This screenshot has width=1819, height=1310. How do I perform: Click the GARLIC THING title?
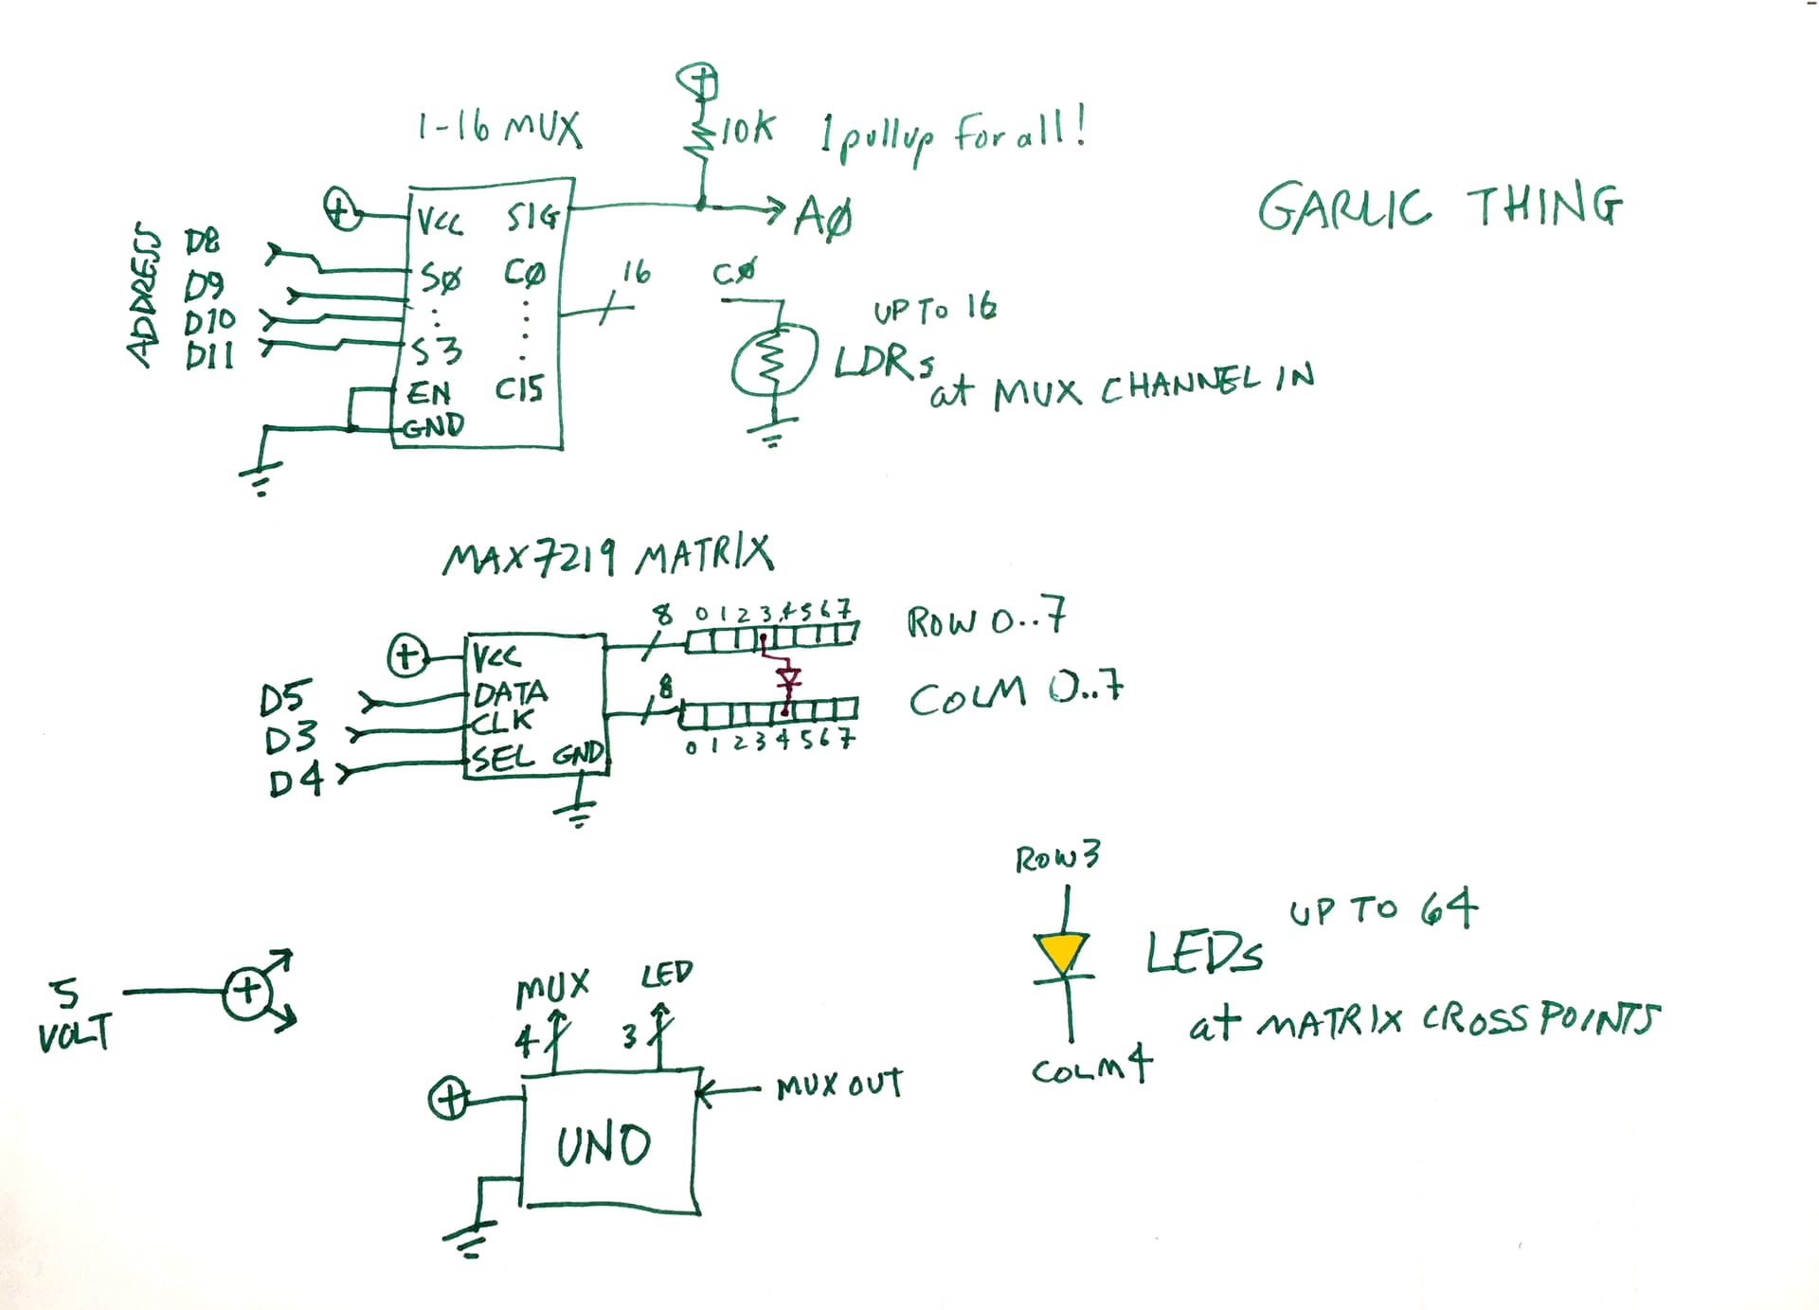point(1440,206)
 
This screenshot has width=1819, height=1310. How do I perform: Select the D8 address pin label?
point(202,242)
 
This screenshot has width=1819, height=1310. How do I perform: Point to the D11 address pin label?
point(209,357)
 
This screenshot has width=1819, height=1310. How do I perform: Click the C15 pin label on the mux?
point(519,388)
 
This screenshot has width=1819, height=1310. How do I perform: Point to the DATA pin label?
point(510,693)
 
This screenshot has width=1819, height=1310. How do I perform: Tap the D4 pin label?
point(296,781)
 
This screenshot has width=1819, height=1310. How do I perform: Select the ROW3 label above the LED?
point(1057,858)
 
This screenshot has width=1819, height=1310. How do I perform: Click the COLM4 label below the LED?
point(1091,1068)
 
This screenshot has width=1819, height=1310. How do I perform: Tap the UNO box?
point(606,1143)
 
